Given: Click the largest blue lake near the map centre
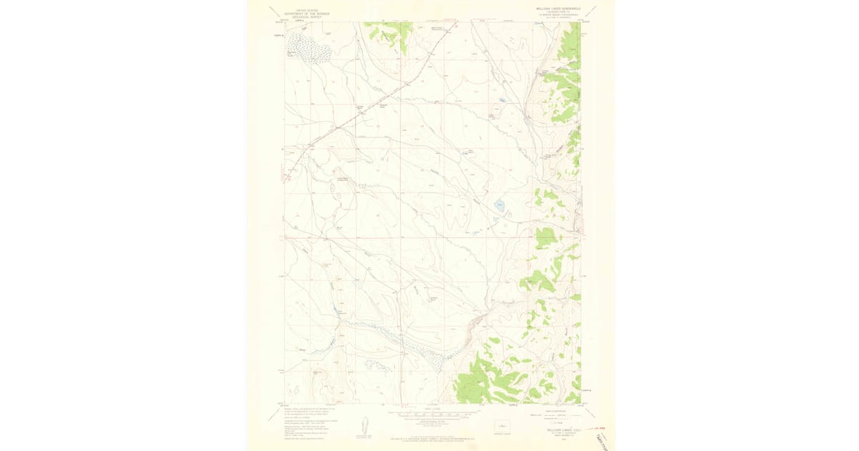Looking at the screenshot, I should click(500, 207).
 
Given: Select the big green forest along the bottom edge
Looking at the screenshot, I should click(487, 379).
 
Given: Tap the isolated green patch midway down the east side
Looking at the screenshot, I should click(545, 237).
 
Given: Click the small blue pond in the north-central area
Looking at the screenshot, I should click(503, 101).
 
